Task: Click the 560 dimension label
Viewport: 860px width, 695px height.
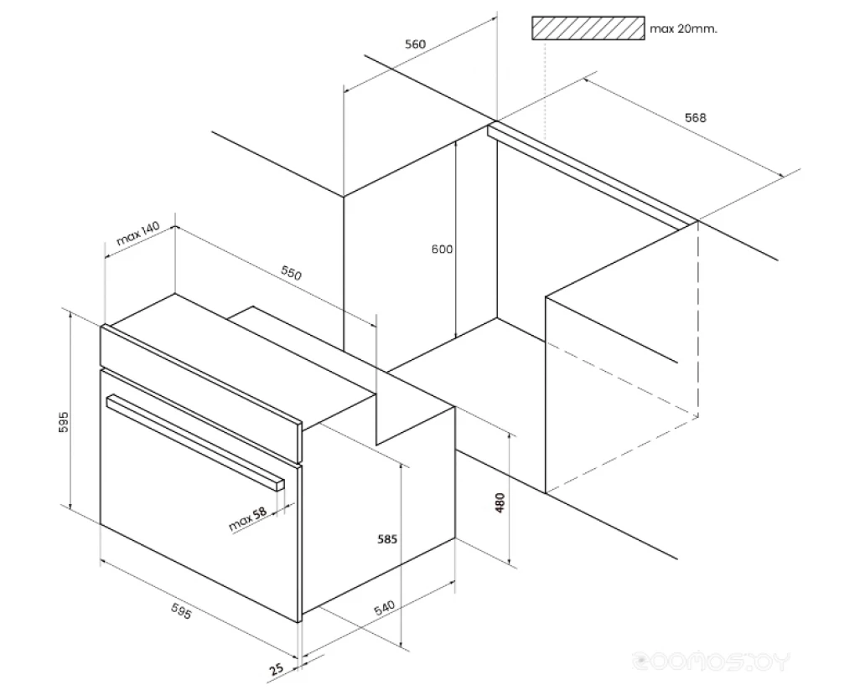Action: pyautogui.click(x=415, y=44)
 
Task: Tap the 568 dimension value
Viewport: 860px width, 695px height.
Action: pyautogui.click(x=695, y=117)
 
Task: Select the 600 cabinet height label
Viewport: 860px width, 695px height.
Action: pyautogui.click(x=442, y=249)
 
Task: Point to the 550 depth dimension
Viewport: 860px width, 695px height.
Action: pyautogui.click(x=291, y=272)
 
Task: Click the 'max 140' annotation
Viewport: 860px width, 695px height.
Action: pyautogui.click(x=137, y=233)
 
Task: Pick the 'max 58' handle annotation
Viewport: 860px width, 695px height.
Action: pyautogui.click(x=247, y=519)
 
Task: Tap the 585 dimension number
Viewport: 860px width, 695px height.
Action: pyautogui.click(x=387, y=539)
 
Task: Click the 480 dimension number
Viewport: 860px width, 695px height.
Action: pyautogui.click(x=500, y=502)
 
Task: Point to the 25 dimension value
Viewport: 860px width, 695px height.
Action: pyautogui.click(x=277, y=669)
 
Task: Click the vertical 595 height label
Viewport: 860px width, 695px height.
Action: pyautogui.click(x=64, y=422)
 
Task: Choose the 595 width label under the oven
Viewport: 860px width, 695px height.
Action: pyautogui.click(x=181, y=611)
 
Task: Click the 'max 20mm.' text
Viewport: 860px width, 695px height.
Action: pyautogui.click(x=683, y=28)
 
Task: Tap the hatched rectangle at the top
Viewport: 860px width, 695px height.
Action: pyautogui.click(x=588, y=28)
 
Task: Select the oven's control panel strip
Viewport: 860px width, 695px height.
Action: pyautogui.click(x=200, y=394)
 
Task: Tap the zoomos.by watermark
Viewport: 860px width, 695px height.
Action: pyautogui.click(x=711, y=661)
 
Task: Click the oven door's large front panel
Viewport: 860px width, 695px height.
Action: pyautogui.click(x=200, y=496)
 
